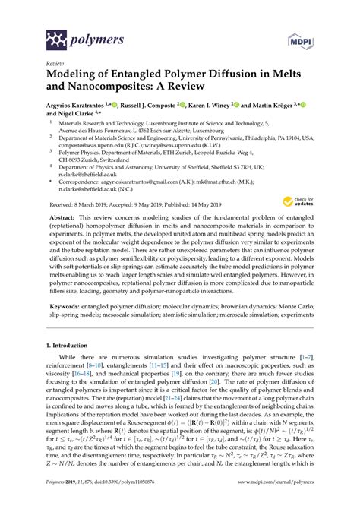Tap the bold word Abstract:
(65, 217)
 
